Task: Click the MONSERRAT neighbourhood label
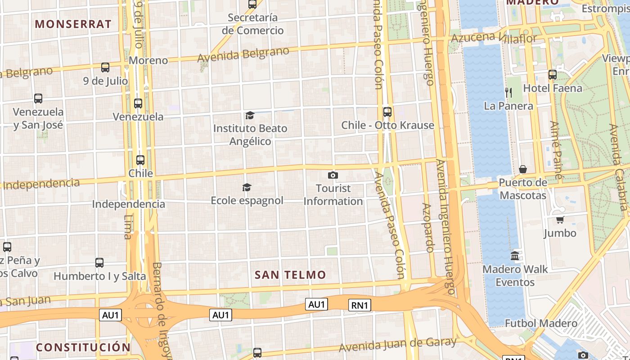point(73,24)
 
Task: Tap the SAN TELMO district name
point(290,275)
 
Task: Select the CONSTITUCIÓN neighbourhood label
point(83,347)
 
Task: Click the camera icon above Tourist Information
point(333,175)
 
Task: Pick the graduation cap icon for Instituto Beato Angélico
point(250,116)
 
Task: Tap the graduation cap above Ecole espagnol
point(247,187)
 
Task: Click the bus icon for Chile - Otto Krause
point(387,112)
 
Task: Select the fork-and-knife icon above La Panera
point(508,93)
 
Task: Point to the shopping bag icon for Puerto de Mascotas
point(523,170)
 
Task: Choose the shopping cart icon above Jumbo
point(560,220)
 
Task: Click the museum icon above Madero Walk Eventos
point(515,256)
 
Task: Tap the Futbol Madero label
point(541,324)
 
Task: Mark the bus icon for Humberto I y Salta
point(99,262)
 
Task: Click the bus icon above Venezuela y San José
point(38,99)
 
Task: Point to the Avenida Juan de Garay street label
point(398,345)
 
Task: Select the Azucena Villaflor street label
point(494,38)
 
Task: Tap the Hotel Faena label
point(553,88)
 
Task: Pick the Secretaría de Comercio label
point(253,24)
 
